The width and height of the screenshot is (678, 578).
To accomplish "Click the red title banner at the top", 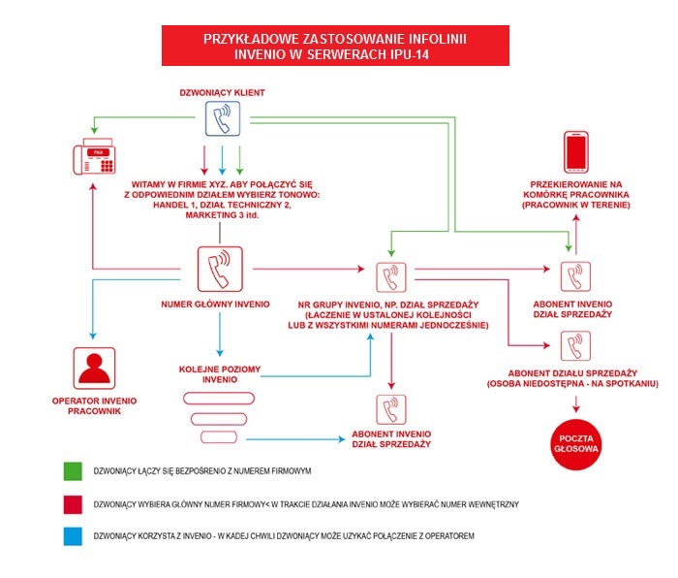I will click(x=334, y=46).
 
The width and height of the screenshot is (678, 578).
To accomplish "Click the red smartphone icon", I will click(x=577, y=153).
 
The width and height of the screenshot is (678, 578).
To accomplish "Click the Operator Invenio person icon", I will click(x=94, y=369).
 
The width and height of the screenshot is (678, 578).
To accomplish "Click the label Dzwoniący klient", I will click(x=222, y=93).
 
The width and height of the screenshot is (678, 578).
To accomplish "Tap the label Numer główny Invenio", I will click(x=221, y=305).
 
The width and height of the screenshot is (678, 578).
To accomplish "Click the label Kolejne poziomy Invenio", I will click(x=222, y=374).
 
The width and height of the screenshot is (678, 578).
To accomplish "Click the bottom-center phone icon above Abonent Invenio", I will click(x=391, y=408).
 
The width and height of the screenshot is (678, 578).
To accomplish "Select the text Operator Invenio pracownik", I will click(x=94, y=405).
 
